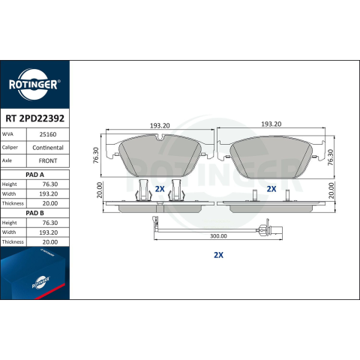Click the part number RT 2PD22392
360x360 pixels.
coord(34,118)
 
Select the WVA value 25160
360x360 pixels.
coord(48,134)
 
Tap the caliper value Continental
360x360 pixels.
coord(48,148)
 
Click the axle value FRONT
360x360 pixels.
coord(48,160)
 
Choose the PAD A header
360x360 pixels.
coord(34,175)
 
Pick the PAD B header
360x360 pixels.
coord(34,213)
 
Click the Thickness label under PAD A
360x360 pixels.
coord(13,203)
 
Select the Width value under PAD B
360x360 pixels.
coord(48,232)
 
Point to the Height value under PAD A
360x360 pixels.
coord(50,184)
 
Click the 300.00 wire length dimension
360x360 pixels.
coord(218,236)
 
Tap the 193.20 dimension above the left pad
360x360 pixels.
coord(160,126)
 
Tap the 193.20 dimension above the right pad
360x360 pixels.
coord(271,124)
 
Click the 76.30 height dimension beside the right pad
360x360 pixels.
coord(331,157)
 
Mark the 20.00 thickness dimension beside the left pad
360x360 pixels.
coord(100,190)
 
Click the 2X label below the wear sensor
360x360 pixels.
coord(218,255)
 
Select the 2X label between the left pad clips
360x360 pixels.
coord(160,189)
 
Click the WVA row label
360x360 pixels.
coord(7,134)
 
